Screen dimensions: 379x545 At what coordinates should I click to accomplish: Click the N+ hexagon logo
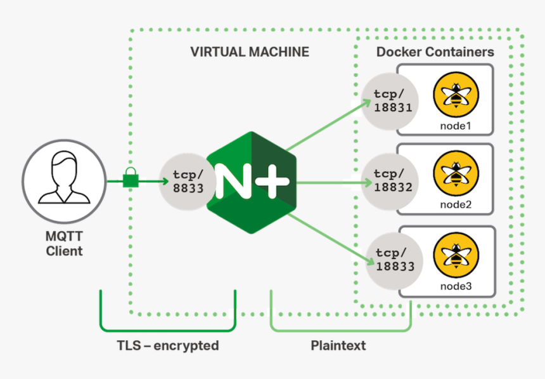pyautogui.click(x=252, y=183)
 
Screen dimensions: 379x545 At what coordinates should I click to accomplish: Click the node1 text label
pyautogui.click(x=456, y=125)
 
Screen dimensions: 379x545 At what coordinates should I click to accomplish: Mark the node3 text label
pyautogui.click(x=456, y=286)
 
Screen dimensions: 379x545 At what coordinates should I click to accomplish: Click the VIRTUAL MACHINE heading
pyautogui.click(x=250, y=52)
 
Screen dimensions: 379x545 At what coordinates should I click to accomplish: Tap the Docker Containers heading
pyautogui.click(x=435, y=52)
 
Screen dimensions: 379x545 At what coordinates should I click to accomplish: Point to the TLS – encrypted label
pyautogui.click(x=167, y=346)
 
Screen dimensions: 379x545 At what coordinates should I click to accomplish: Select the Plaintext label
pyautogui.click(x=338, y=346)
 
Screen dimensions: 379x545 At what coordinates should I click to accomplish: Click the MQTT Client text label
pyautogui.click(x=64, y=244)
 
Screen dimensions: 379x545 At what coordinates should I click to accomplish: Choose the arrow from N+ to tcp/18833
pyautogui.click(x=330, y=237)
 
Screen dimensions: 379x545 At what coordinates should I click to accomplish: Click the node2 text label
pyautogui.click(x=456, y=205)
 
